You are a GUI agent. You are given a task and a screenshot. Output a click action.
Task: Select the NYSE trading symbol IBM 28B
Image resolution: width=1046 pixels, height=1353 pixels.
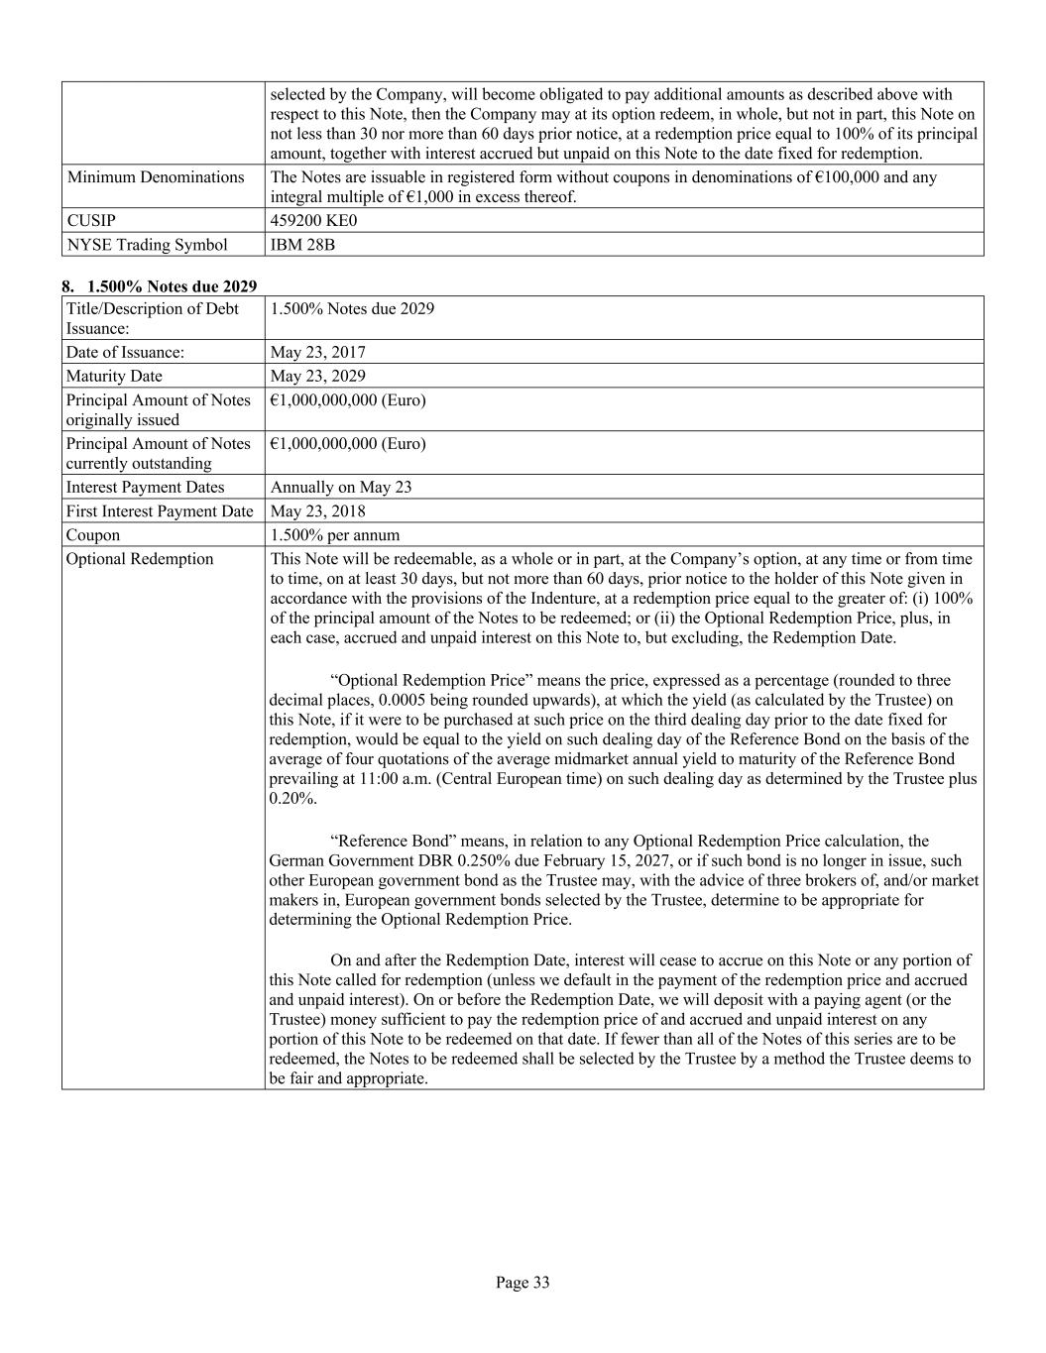(302, 244)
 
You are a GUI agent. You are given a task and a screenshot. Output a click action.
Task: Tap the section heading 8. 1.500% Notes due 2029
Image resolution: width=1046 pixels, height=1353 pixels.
(159, 286)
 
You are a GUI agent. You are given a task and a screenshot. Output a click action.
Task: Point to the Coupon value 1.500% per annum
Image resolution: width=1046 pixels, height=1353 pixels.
(335, 535)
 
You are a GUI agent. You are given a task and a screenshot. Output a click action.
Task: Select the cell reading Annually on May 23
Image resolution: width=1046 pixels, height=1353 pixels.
(341, 487)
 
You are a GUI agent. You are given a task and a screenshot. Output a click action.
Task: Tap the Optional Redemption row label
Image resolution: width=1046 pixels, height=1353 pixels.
(140, 559)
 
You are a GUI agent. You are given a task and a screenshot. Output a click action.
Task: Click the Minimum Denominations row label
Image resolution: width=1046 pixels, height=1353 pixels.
(156, 177)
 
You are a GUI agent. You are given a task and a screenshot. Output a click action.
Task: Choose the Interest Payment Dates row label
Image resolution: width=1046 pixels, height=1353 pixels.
(146, 487)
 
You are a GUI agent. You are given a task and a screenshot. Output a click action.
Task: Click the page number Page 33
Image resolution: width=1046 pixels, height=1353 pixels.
(523, 1283)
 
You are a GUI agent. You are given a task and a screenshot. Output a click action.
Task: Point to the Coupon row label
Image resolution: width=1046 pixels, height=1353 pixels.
(93, 535)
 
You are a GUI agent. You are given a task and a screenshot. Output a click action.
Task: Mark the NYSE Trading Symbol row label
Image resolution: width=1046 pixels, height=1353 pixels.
(147, 244)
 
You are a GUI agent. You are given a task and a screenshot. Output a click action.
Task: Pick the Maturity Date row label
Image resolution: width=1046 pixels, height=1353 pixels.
(114, 376)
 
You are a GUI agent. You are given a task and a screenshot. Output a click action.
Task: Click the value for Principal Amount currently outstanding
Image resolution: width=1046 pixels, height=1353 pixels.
(347, 443)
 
